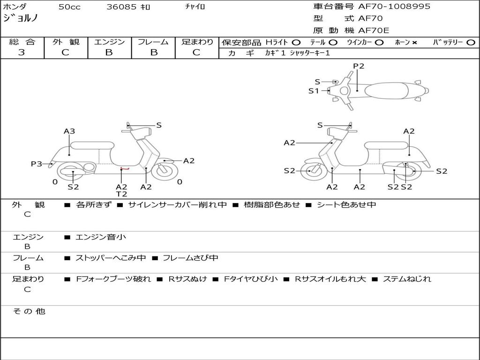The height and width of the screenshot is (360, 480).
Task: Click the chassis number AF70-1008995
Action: click(x=394, y=7)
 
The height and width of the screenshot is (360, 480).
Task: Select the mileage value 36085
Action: click(x=121, y=7)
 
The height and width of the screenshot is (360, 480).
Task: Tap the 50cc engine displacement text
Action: click(x=69, y=7)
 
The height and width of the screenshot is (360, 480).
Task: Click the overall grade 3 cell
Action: click(x=22, y=52)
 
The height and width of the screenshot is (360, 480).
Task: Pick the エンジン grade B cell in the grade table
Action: click(x=109, y=52)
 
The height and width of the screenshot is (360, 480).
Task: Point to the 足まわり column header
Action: click(x=197, y=42)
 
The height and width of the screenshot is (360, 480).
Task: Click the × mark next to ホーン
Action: click(x=414, y=42)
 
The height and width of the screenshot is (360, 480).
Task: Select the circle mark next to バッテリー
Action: click(x=471, y=42)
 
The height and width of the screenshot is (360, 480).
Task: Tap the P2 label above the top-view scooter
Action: click(x=359, y=66)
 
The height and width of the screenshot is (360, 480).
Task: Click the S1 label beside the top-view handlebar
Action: click(x=314, y=91)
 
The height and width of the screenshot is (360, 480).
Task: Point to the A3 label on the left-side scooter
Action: click(x=69, y=131)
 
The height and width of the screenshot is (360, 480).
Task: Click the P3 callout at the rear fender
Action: click(x=37, y=164)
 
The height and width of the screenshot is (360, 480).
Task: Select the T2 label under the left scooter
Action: click(x=121, y=194)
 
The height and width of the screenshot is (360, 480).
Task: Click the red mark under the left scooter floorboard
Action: click(x=124, y=169)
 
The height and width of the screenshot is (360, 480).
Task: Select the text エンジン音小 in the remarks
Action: click(x=101, y=237)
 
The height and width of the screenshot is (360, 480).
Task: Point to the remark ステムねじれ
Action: click(x=407, y=279)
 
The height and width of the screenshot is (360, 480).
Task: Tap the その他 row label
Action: click(x=29, y=311)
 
